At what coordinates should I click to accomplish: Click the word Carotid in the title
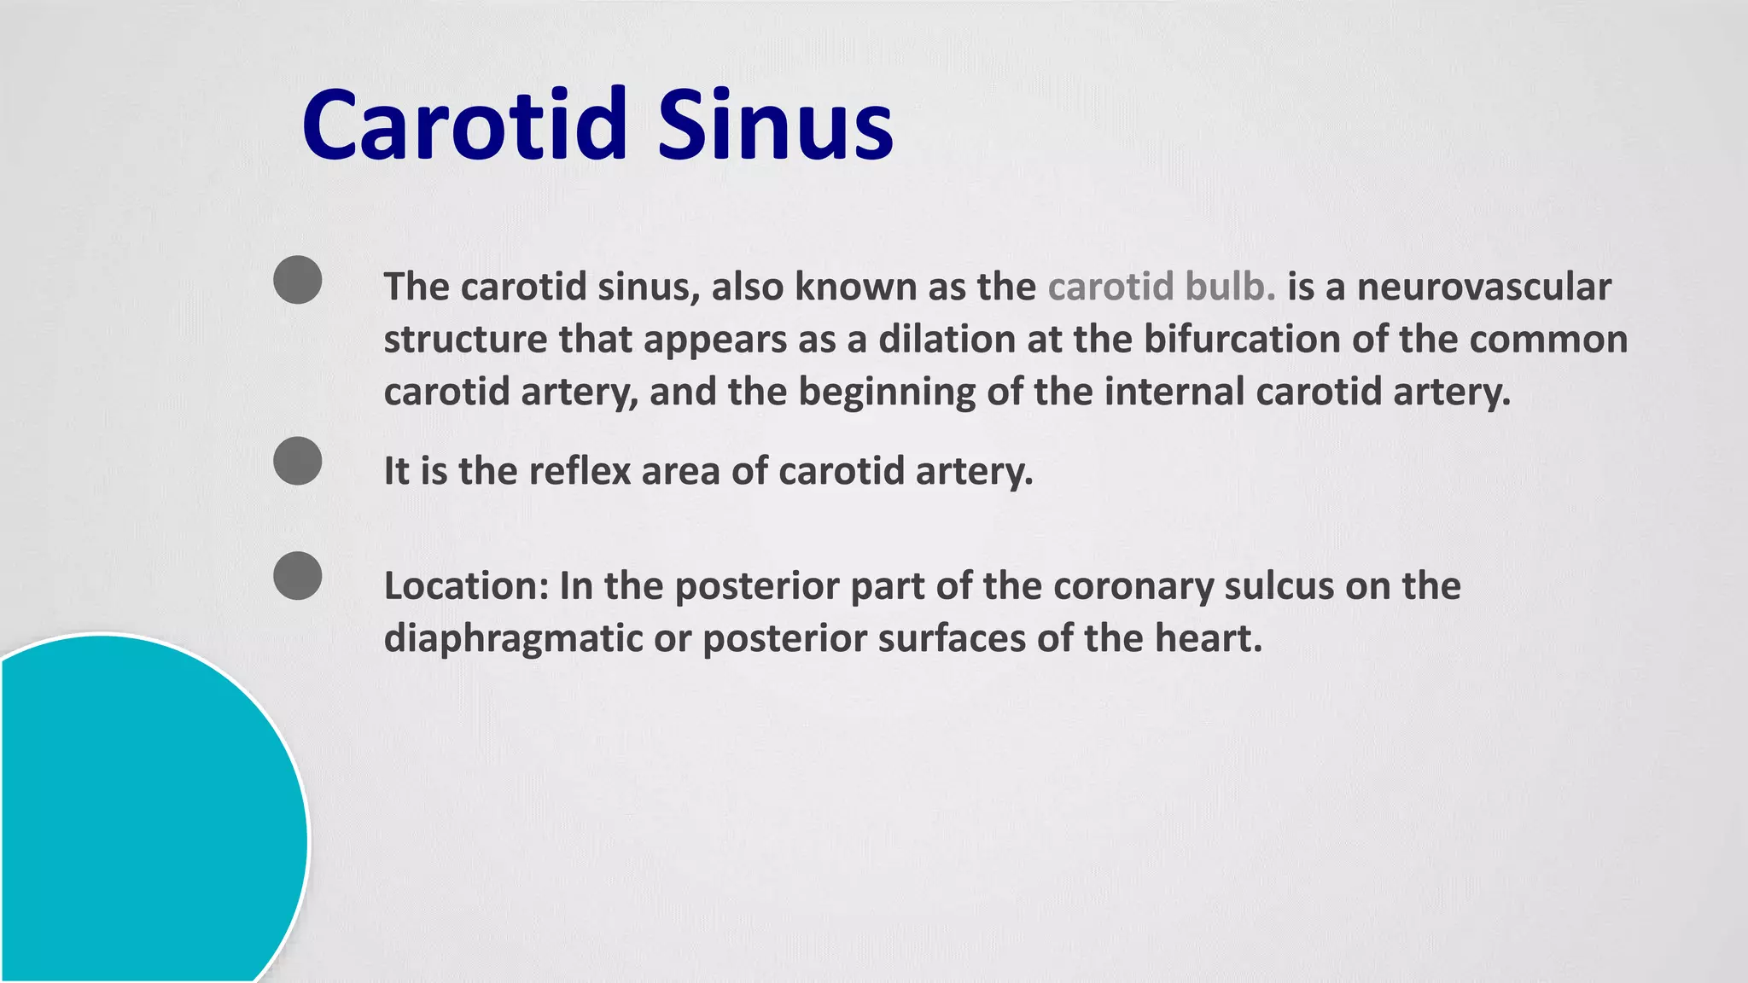[465, 125]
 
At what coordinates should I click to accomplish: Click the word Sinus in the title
[775, 125]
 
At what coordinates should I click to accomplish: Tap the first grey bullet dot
[298, 280]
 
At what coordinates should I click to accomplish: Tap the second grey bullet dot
[298, 461]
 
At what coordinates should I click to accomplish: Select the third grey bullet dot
[298, 576]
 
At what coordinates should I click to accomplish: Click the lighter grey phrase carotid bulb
[1161, 287]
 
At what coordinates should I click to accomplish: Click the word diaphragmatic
[513, 639]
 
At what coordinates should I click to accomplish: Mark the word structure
[465, 340]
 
